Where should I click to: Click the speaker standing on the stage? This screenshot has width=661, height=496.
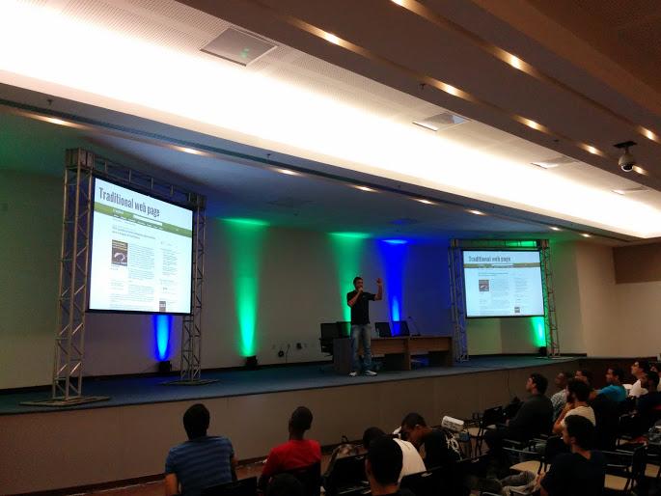(361, 323)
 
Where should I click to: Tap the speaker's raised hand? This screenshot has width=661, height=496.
(379, 282)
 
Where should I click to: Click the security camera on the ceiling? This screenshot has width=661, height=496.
(626, 159)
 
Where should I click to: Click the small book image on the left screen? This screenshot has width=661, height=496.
(120, 253)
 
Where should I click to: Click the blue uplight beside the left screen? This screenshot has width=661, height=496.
(162, 338)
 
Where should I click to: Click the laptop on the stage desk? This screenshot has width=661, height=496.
(385, 329)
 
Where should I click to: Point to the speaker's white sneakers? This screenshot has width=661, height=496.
(361, 372)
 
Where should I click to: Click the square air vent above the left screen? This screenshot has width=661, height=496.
(237, 46)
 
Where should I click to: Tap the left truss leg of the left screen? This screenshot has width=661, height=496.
(70, 280)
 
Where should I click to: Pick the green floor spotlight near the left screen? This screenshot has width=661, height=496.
(249, 361)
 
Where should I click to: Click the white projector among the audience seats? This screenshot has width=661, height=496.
(452, 422)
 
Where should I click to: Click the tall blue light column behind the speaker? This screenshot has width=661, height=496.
(394, 280)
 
